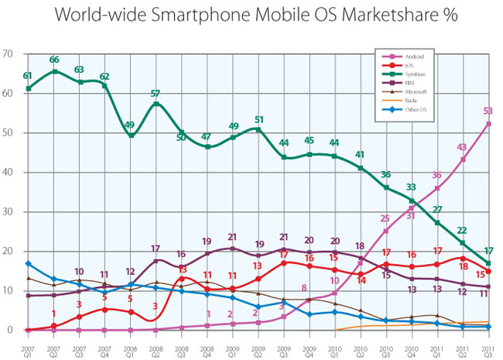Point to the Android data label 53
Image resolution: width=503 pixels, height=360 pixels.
coord(488,111)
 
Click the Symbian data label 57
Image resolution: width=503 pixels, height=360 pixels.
coord(156,92)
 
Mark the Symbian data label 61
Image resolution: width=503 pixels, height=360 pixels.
coord(28,76)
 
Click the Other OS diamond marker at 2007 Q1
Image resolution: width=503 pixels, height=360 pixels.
coord(29,265)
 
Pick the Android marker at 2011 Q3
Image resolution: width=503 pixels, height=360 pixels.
coord(488,124)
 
